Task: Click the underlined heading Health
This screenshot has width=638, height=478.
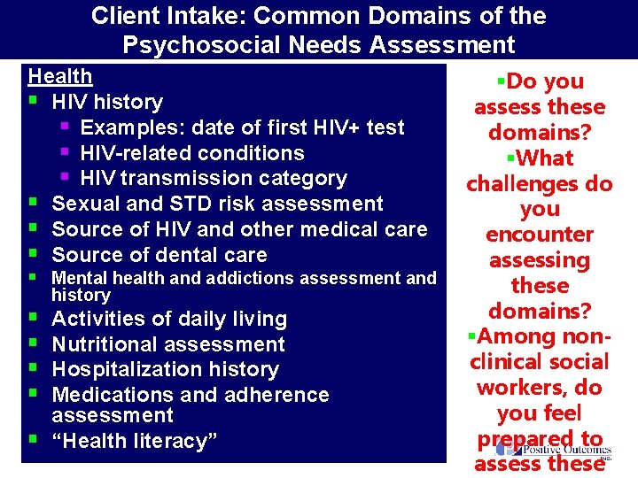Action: pos(60,76)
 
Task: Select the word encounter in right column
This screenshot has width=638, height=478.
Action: pos(540,235)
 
